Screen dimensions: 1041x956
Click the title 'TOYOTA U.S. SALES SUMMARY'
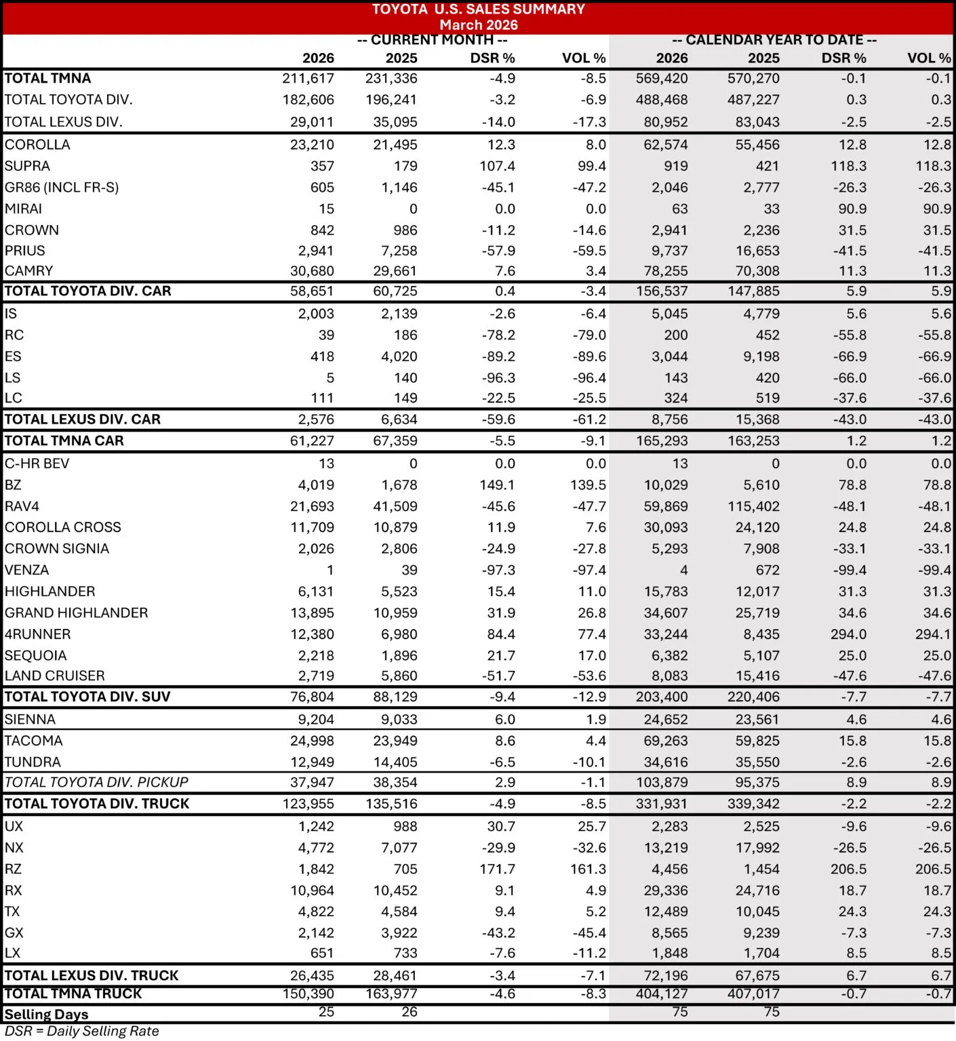[478, 9]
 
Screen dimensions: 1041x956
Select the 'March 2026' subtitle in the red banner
[478, 25]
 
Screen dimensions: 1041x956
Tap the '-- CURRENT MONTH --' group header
[432, 40]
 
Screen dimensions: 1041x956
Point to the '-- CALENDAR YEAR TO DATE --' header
[774, 40]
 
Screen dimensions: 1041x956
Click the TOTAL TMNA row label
[47, 79]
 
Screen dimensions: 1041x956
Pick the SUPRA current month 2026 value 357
[322, 166]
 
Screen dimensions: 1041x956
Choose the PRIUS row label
[25, 251]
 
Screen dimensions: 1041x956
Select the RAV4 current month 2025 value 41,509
[395, 506]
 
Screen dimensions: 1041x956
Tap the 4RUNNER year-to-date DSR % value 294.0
[848, 634]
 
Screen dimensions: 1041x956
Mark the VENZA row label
[27, 570]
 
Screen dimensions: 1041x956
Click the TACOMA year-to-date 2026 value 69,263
[666, 741]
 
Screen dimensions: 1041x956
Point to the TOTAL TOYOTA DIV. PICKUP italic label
[96, 783]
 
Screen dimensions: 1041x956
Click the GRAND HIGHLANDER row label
[76, 613]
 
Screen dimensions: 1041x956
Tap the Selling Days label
[46, 1015]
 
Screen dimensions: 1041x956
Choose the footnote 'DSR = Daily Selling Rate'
[81, 1032]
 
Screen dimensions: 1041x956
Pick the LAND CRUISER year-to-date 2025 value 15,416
[757, 676]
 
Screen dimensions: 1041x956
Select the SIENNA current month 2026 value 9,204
[316, 720]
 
